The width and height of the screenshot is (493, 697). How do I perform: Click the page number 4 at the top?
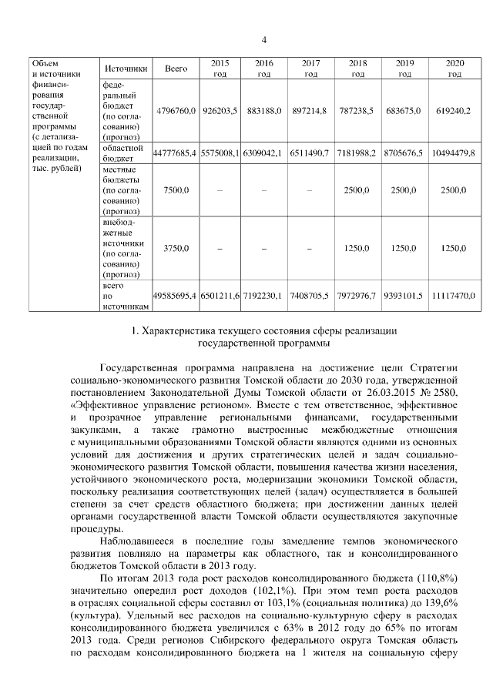pyautogui.click(x=263, y=40)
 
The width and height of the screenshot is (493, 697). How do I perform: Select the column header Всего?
pyautogui.click(x=176, y=68)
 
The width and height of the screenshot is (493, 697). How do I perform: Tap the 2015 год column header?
pyautogui.click(x=220, y=68)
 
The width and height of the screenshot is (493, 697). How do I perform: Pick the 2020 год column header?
pyautogui.click(x=454, y=68)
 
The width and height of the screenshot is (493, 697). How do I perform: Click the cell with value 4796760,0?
pyautogui.click(x=176, y=111)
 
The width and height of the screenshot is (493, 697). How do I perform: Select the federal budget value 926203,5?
pyautogui.click(x=220, y=111)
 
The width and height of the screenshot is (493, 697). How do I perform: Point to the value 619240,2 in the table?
pyautogui.click(x=454, y=111)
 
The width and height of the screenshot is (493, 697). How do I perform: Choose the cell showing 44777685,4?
pyautogui.click(x=176, y=153)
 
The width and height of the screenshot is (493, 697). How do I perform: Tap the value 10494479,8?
pyautogui.click(x=454, y=153)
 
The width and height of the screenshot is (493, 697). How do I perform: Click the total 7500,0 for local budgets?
pyautogui.click(x=176, y=189)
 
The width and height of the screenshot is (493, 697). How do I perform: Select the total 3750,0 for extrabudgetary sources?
pyautogui.click(x=176, y=248)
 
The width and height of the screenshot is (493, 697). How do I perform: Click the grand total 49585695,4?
pyautogui.click(x=176, y=296)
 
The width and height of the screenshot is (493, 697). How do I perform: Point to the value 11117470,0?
pyautogui.click(x=454, y=296)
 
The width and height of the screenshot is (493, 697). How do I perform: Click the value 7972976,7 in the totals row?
pyautogui.click(x=357, y=296)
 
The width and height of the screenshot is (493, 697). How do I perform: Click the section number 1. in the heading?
pyautogui.click(x=138, y=331)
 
